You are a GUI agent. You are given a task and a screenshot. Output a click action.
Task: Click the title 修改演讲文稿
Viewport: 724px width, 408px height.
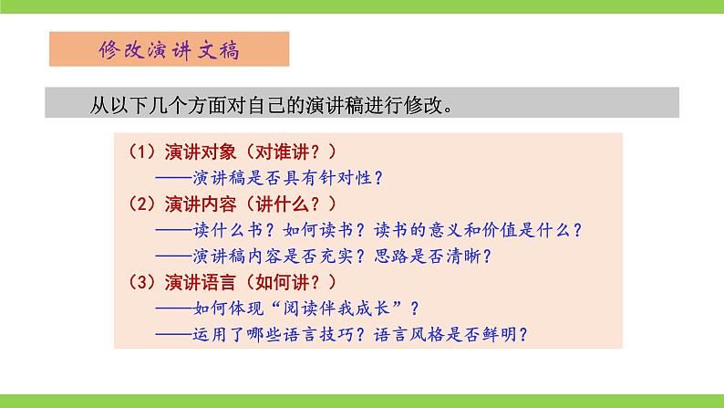(x=169, y=50)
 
